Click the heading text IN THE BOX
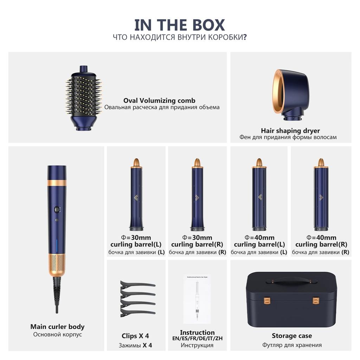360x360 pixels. pyautogui.click(x=180, y=25)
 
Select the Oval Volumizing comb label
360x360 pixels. pyautogui.click(x=159, y=101)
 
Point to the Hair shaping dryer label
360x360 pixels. pyautogui.click(x=290, y=131)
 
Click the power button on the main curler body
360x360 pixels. pyautogui.click(x=56, y=210)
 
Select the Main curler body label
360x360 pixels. pyautogui.click(x=57, y=327)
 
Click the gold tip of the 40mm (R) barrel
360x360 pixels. pyautogui.click(x=321, y=163)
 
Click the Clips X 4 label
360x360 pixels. pyautogui.click(x=135, y=336)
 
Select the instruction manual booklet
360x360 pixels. pyautogui.click(x=197, y=299)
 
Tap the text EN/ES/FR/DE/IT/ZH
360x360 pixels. pyautogui.click(x=197, y=339)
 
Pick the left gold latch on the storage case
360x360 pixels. pyautogui.click(x=265, y=301)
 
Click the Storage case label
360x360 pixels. pyautogui.click(x=292, y=336)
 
